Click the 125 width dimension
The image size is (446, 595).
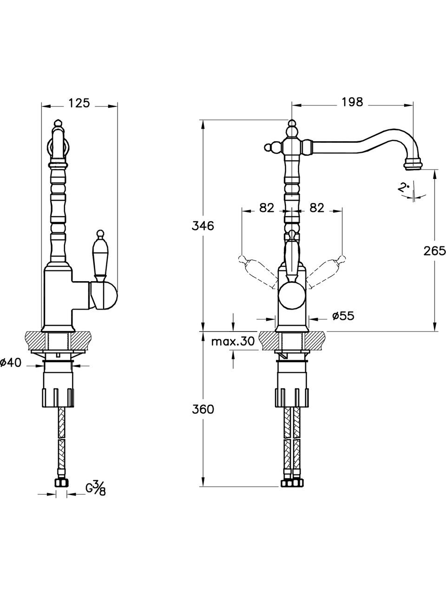click(79, 103)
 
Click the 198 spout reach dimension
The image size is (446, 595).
click(352, 102)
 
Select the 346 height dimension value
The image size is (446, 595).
click(203, 226)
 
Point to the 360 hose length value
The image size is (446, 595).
click(203, 410)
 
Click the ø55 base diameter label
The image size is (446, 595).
click(343, 316)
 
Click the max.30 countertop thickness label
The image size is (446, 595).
click(233, 342)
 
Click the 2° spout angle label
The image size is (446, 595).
click(404, 188)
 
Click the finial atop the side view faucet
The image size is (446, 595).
click(58, 124)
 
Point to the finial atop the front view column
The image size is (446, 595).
click(292, 126)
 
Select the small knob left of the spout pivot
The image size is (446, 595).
click(268, 148)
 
